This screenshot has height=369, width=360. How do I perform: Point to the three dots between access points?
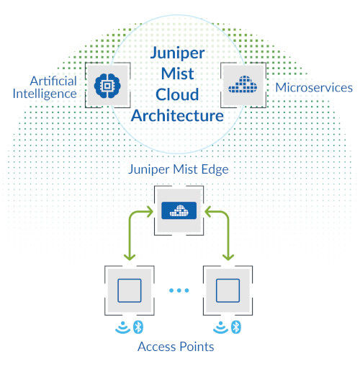[x=180, y=290]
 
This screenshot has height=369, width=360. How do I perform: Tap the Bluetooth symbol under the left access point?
[x=139, y=328]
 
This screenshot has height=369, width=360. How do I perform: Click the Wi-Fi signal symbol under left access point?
[x=123, y=328]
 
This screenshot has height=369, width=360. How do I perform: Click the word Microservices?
[x=314, y=88]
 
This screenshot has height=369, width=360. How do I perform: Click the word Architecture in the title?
[x=177, y=115]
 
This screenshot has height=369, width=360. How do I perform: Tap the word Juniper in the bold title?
[x=177, y=53]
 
